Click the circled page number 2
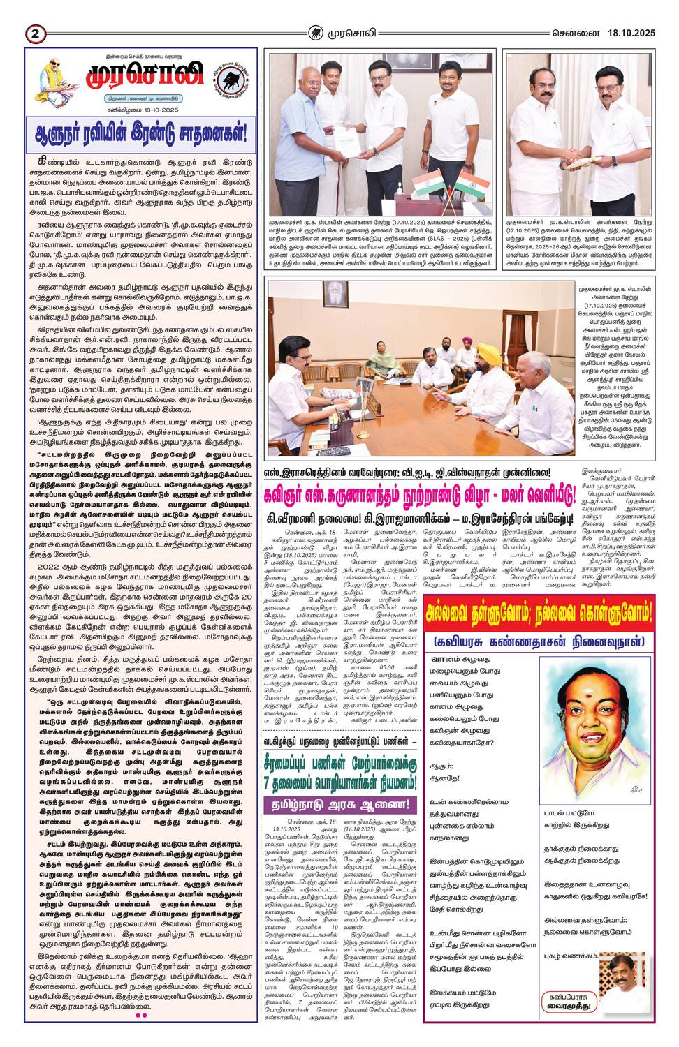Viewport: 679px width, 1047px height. click(x=36, y=33)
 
